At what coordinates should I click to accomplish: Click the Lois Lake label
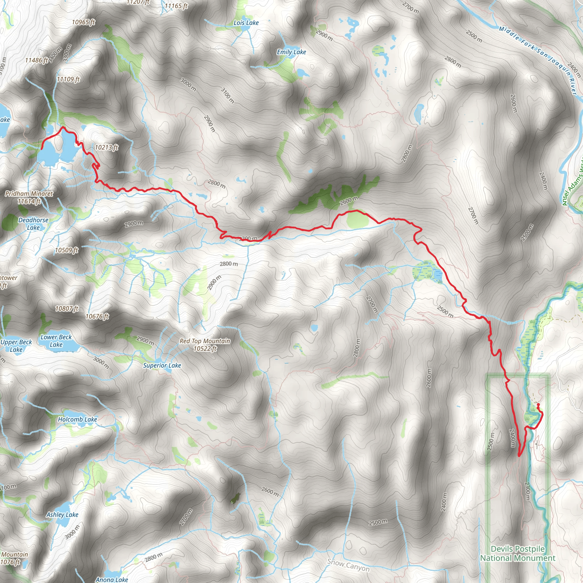(x=246, y=23)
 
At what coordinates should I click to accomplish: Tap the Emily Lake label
(x=291, y=52)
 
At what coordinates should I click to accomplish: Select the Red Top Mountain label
(x=205, y=345)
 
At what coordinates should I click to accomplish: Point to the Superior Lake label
(x=162, y=366)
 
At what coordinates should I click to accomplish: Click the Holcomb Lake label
(x=77, y=419)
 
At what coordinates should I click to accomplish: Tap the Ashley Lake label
(x=62, y=514)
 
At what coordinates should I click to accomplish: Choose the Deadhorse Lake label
(x=33, y=223)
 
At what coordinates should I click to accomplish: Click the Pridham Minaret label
(x=29, y=197)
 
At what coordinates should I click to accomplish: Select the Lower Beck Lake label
(x=56, y=341)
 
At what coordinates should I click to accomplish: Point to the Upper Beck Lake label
(x=16, y=346)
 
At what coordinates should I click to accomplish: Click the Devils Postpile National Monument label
(x=518, y=553)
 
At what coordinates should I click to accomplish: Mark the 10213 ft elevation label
(x=106, y=147)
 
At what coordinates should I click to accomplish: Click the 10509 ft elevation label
(x=66, y=250)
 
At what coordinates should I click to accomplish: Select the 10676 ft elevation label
(x=97, y=316)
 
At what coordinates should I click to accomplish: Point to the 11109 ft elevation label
(x=68, y=79)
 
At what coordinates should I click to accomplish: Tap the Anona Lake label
(x=112, y=579)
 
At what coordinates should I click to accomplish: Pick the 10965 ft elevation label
(x=84, y=22)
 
